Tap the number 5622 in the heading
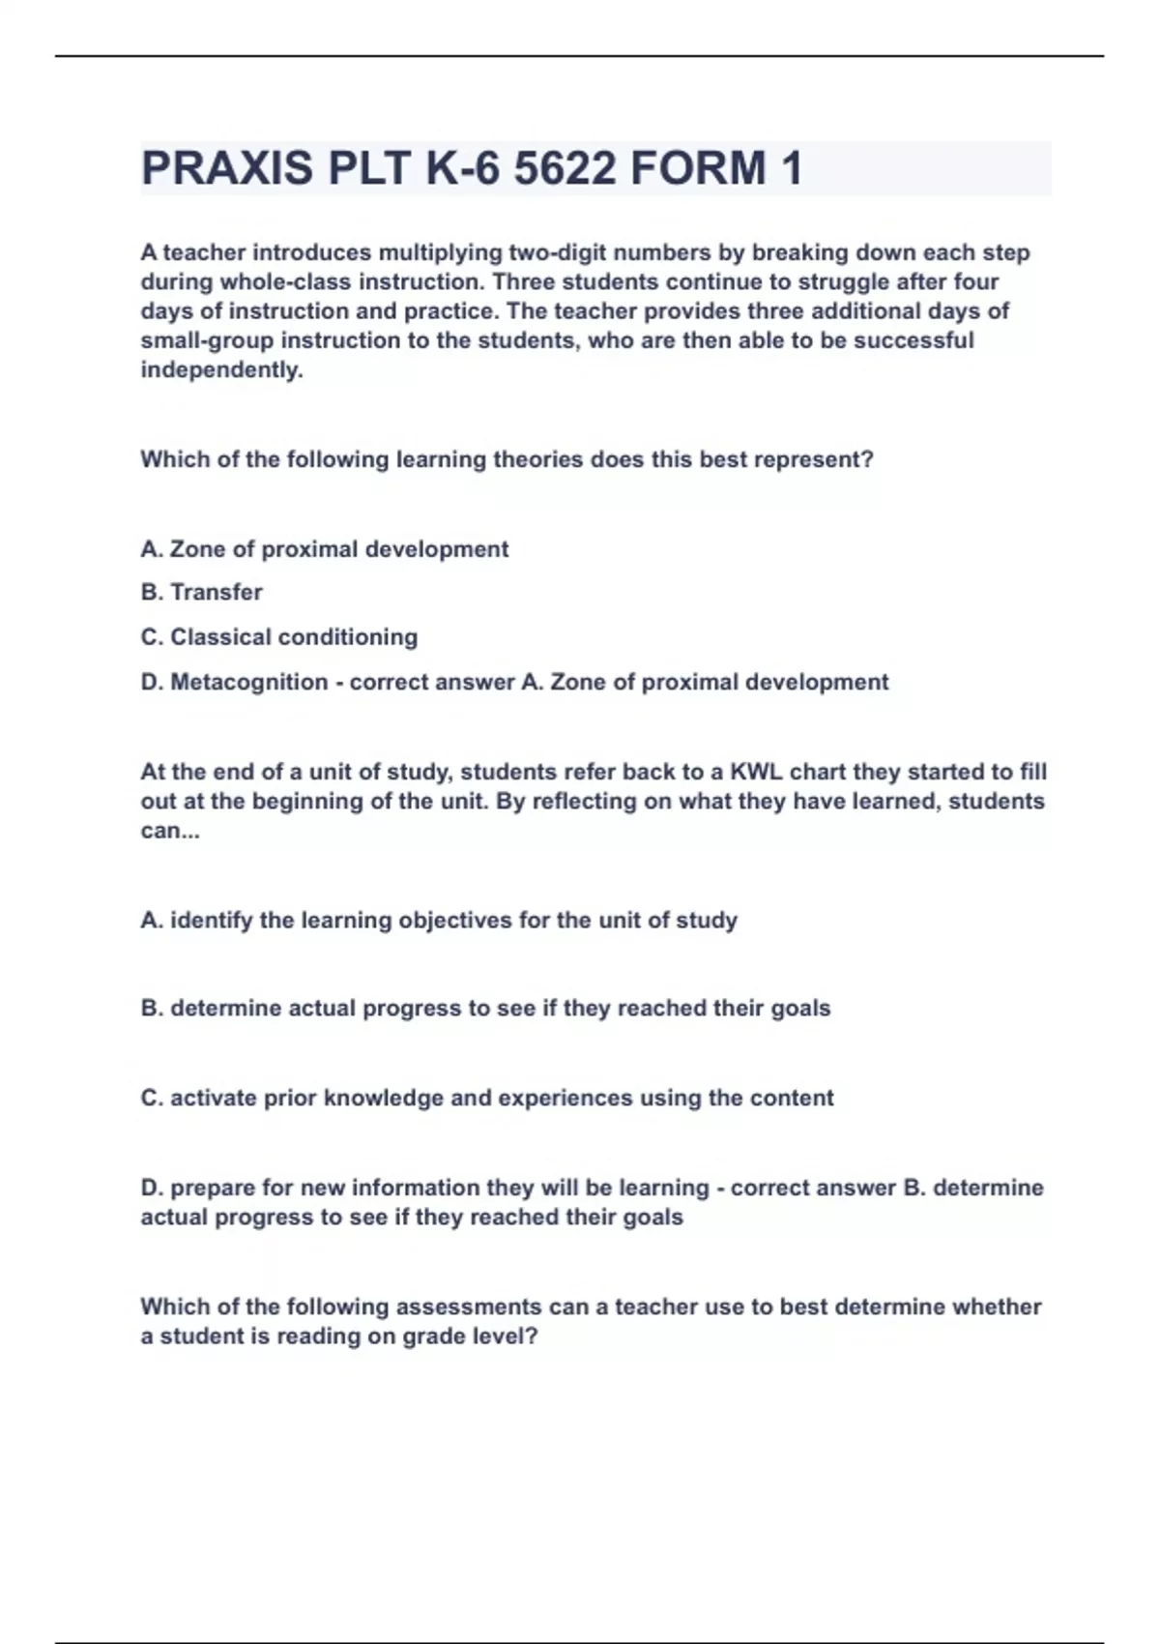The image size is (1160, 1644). pyautogui.click(x=565, y=168)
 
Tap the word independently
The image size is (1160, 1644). pyautogui.click(x=221, y=369)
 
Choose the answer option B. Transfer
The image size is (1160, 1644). pyautogui.click(x=201, y=592)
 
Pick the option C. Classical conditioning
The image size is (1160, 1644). pyautogui.click(x=279, y=637)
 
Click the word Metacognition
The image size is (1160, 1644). pyautogui.click(x=248, y=682)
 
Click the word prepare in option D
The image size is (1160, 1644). pyautogui.click(x=211, y=1188)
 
